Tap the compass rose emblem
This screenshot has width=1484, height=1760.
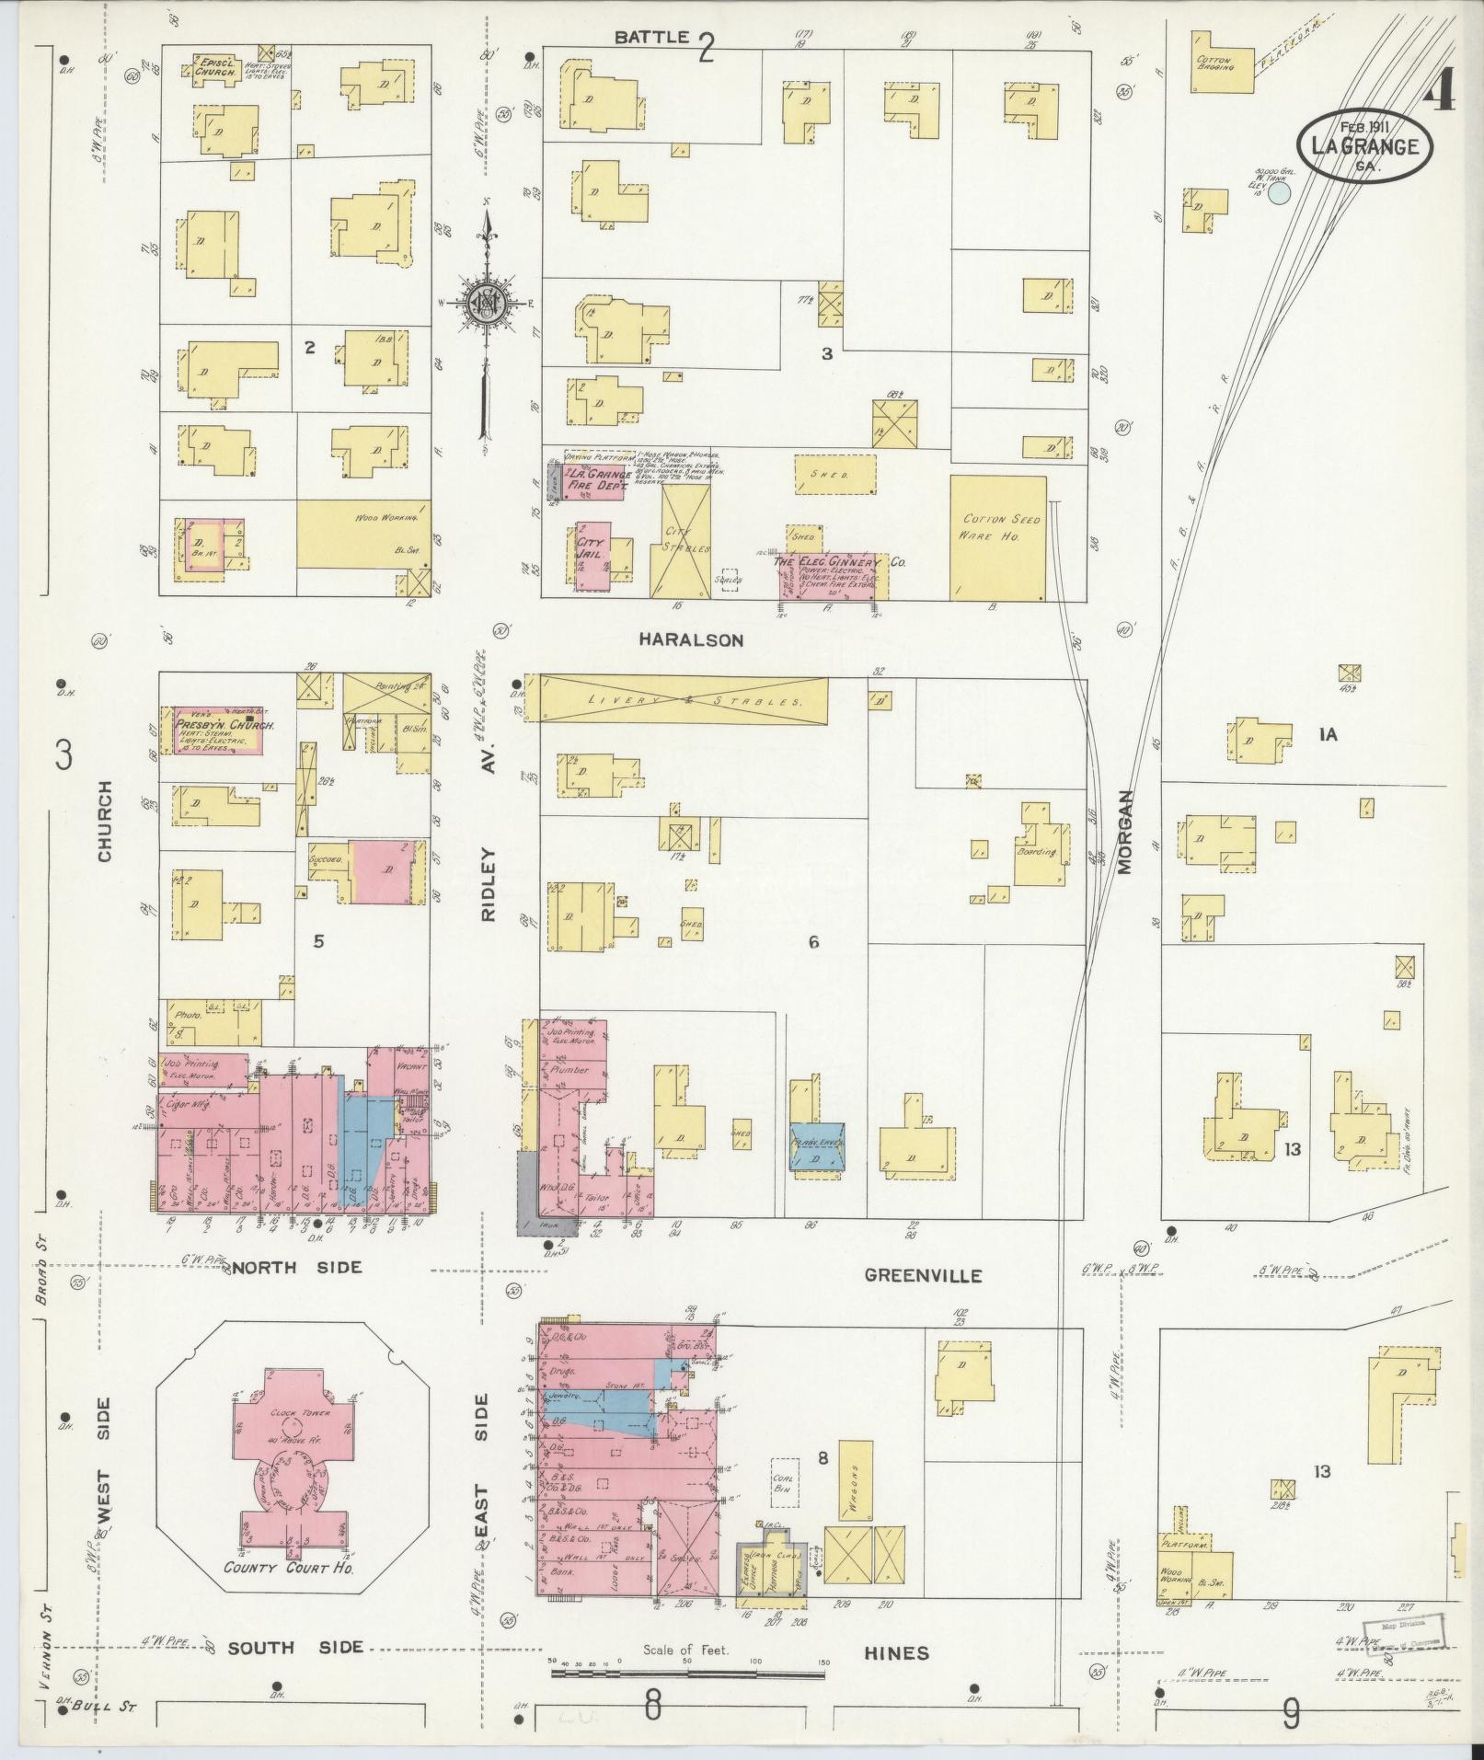(485, 301)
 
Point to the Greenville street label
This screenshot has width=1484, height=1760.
(923, 1275)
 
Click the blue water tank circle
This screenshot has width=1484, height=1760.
(1280, 191)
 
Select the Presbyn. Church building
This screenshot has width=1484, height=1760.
(219, 731)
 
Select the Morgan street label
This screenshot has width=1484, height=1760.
(1128, 832)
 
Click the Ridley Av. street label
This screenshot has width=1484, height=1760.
(487, 847)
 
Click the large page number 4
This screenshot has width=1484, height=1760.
(1441, 89)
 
